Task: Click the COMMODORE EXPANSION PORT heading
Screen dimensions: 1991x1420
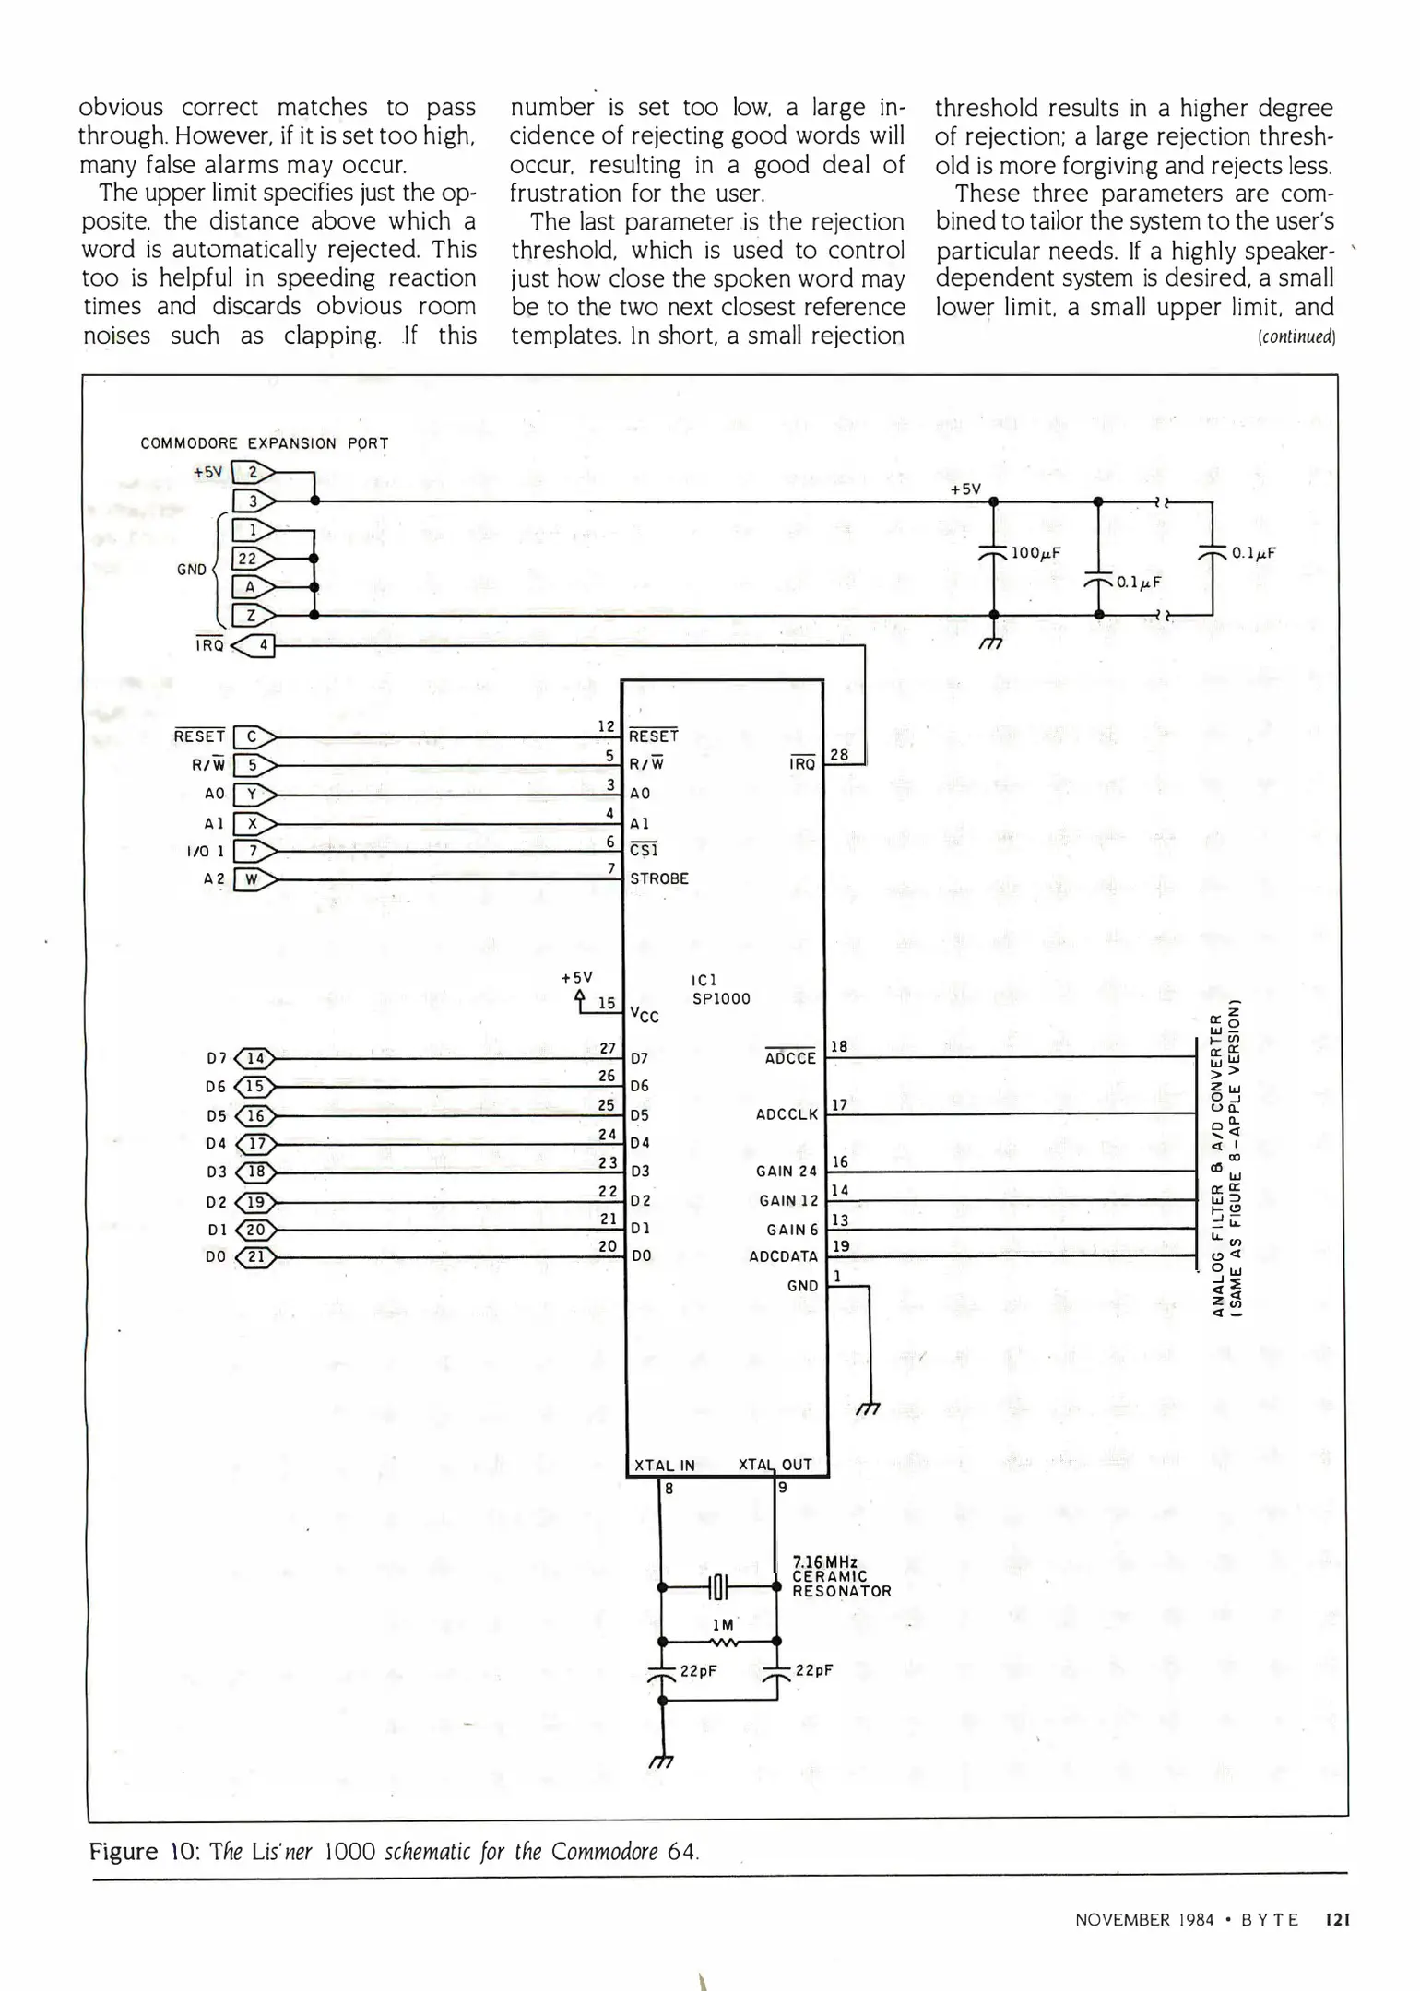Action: coord(265,443)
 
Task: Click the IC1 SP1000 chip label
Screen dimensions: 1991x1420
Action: coord(720,989)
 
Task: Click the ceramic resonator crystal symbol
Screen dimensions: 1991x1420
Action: coord(719,1587)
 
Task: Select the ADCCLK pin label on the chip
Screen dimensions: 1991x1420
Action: coord(787,1114)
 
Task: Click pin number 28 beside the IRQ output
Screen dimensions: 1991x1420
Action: coord(839,754)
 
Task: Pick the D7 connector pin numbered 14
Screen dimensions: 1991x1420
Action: coord(255,1059)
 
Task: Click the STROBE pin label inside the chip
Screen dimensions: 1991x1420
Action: coord(659,878)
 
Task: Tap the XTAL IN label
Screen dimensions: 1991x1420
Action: coord(664,1465)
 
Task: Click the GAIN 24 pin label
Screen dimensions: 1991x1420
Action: coord(787,1172)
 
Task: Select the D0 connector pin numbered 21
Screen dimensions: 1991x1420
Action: coord(255,1256)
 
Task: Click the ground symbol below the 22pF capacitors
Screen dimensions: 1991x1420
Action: coord(661,1761)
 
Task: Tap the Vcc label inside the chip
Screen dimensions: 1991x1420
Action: coord(644,1016)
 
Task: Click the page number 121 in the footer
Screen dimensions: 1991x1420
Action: coord(1337,1920)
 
